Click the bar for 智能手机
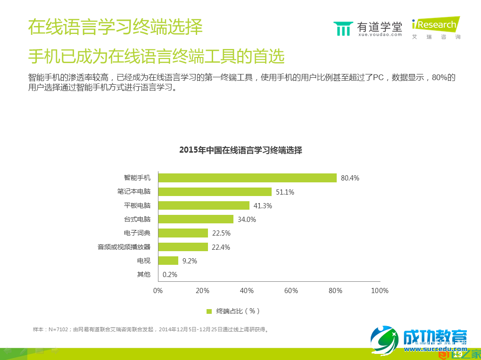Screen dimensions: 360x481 [x=247, y=178]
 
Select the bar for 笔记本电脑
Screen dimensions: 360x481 [x=215, y=192]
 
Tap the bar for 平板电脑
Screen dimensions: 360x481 [x=204, y=205]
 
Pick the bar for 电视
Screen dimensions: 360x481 [x=168, y=261]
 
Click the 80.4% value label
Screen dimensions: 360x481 [x=350, y=178]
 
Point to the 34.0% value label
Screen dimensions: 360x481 [x=247, y=220]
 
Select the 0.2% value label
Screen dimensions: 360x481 [x=170, y=275]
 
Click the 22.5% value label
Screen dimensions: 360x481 [x=221, y=233]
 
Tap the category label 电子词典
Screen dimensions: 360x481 [x=137, y=233]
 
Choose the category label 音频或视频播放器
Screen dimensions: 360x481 [x=124, y=246]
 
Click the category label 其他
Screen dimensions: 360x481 [x=143, y=274]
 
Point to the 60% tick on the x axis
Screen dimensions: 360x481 [x=291, y=291]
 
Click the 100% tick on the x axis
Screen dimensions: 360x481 [x=380, y=291]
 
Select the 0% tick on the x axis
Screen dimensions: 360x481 [x=158, y=291]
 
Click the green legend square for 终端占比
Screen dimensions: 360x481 [x=209, y=311]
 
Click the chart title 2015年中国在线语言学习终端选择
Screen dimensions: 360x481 [x=240, y=150]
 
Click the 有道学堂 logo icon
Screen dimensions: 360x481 [x=343, y=29]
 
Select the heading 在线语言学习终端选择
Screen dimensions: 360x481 [x=116, y=27]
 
